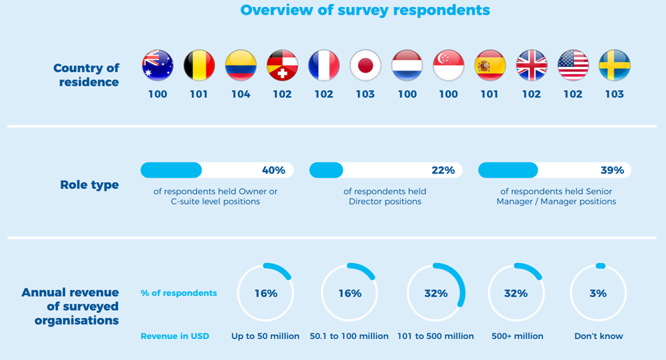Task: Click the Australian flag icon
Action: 158,66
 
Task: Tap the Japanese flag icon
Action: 365,66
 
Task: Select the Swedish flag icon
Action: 614,66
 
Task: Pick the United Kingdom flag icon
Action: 531,66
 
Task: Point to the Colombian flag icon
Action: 240,66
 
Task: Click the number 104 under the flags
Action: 240,94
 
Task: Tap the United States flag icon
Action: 573,66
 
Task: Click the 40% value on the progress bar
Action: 273,170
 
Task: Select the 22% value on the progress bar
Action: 443,170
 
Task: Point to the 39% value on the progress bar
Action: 612,170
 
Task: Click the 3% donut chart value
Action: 598,294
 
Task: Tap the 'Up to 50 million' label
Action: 265,336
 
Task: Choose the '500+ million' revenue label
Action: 516,336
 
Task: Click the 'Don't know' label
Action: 598,336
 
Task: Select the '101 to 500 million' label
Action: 436,336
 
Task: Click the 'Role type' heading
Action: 89,185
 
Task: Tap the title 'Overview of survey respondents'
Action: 365,10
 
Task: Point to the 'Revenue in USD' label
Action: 175,336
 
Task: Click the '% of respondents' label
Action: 179,293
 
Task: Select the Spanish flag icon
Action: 489,66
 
